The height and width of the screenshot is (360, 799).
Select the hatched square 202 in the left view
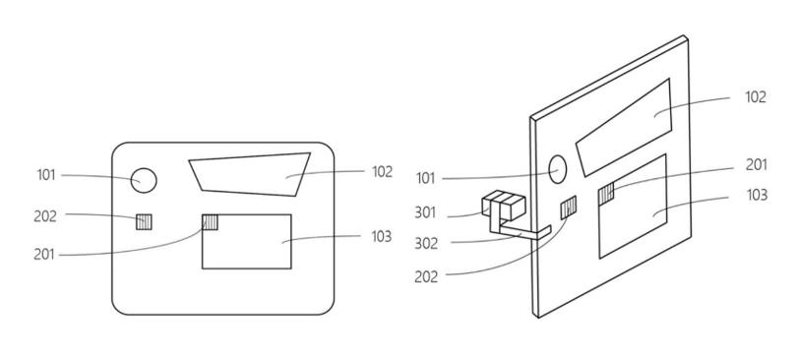click(x=144, y=222)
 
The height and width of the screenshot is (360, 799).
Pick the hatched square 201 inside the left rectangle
click(x=210, y=222)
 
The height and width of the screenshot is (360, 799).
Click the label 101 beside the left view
click(x=46, y=175)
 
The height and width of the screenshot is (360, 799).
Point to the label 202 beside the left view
click(x=45, y=216)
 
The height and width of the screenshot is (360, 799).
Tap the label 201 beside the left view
click(x=44, y=254)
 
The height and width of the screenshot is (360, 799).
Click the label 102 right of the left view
click(x=382, y=172)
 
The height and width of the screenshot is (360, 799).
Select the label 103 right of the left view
click(x=382, y=237)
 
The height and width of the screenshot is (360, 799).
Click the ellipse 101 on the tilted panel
click(x=558, y=169)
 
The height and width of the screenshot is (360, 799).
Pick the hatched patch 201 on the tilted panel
click(x=606, y=194)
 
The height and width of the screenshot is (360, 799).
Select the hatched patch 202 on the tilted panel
click(x=569, y=208)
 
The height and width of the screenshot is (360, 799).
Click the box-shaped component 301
click(x=504, y=205)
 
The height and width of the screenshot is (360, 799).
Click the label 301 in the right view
click(x=425, y=212)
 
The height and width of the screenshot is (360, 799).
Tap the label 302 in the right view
click(x=426, y=243)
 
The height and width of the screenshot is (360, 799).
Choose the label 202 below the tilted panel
click(x=426, y=277)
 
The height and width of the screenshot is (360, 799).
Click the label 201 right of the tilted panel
click(x=756, y=165)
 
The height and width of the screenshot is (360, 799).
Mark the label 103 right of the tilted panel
click(x=757, y=195)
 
